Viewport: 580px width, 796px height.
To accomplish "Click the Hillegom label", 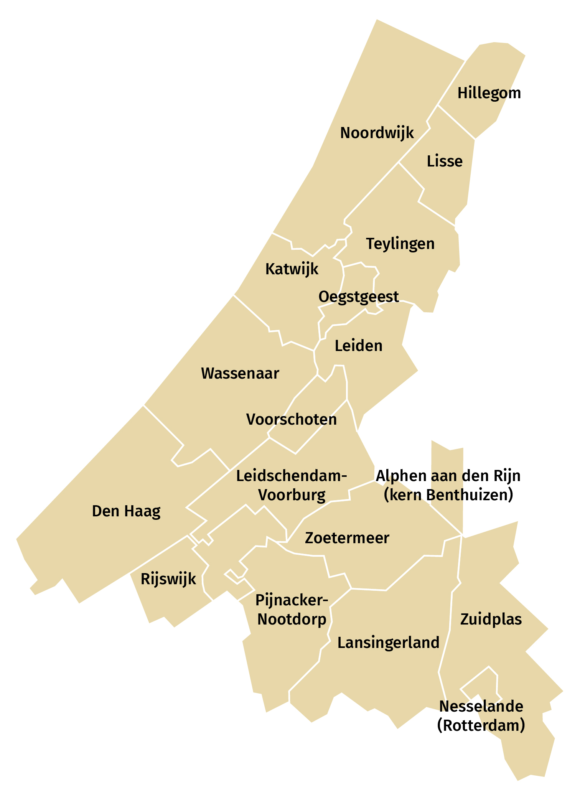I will [489, 93].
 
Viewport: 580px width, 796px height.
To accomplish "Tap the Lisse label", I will [445, 161].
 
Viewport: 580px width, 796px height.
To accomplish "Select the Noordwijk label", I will [377, 133].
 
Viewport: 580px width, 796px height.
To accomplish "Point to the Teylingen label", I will [400, 244].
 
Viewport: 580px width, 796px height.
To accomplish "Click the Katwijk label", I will [292, 269].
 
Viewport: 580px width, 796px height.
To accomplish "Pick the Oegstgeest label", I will [359, 297].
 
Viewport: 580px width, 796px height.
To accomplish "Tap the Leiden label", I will [359, 346].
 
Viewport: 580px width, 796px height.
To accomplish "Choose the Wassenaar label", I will [240, 374].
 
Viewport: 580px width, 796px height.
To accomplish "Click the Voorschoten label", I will [292, 420].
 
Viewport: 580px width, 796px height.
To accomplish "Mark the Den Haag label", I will [126, 511].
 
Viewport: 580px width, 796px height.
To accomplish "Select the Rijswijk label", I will [168, 579].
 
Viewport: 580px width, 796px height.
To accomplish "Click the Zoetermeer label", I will [347, 538].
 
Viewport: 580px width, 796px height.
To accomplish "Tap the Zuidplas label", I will [491, 620].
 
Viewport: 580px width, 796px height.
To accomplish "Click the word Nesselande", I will [481, 706].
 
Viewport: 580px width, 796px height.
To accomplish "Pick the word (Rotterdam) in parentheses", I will [481, 725].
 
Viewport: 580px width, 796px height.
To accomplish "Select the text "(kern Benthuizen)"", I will [448, 495].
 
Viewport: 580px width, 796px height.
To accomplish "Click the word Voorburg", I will [292, 495].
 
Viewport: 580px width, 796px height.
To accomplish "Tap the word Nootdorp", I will [292, 619].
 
